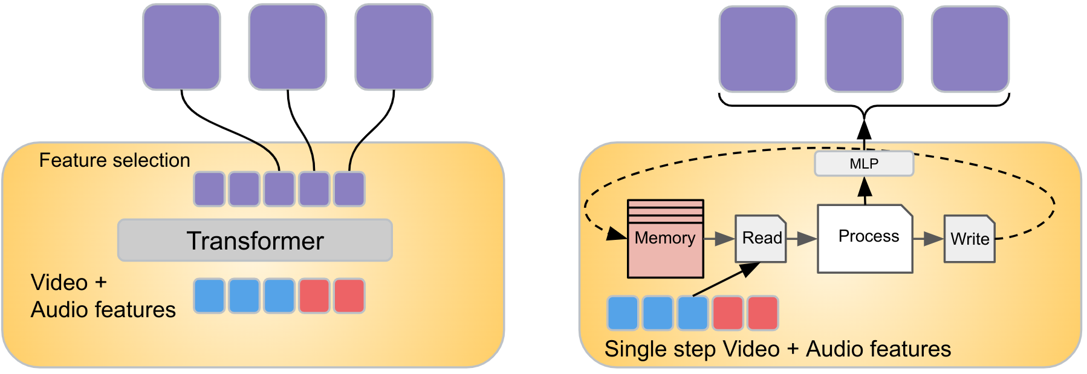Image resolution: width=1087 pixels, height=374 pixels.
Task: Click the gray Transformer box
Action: [255, 240]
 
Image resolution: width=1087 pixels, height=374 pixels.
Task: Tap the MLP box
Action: [864, 164]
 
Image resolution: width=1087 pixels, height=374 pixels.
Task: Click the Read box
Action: [761, 238]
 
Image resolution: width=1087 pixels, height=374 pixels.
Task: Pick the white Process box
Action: [865, 238]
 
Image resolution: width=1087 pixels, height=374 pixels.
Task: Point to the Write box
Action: [969, 239]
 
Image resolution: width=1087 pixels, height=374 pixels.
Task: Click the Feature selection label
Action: [114, 160]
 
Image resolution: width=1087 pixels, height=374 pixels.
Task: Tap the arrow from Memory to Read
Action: [719, 239]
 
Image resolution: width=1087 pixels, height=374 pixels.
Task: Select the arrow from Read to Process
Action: [802, 239]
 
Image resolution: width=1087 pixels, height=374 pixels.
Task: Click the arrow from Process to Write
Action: [928, 239]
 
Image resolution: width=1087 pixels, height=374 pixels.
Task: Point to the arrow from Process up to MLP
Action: [865, 190]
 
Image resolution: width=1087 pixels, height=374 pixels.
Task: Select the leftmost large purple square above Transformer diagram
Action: [181, 47]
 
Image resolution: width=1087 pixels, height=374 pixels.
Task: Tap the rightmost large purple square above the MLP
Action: [970, 49]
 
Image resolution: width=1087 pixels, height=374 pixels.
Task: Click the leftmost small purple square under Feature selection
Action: [209, 189]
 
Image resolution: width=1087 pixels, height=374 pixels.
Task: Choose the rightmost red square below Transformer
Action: [349, 296]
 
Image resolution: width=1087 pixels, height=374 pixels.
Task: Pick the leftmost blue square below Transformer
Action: [209, 296]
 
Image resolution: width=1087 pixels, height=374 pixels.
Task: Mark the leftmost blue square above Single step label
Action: [623, 313]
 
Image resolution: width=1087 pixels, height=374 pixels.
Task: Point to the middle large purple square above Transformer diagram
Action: [288, 47]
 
